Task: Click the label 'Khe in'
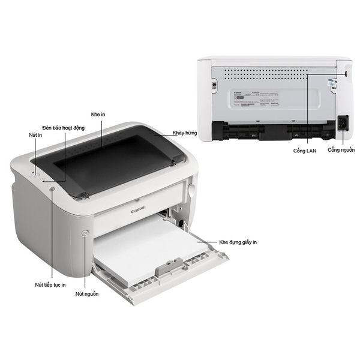tap(98, 113)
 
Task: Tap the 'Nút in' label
tap(36, 136)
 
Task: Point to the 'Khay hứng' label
tap(184, 133)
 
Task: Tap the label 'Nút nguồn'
tap(87, 294)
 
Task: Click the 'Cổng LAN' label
tap(304, 151)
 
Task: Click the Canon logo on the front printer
tap(138, 211)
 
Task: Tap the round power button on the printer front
tap(85, 232)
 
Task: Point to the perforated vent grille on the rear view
tap(276, 74)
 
